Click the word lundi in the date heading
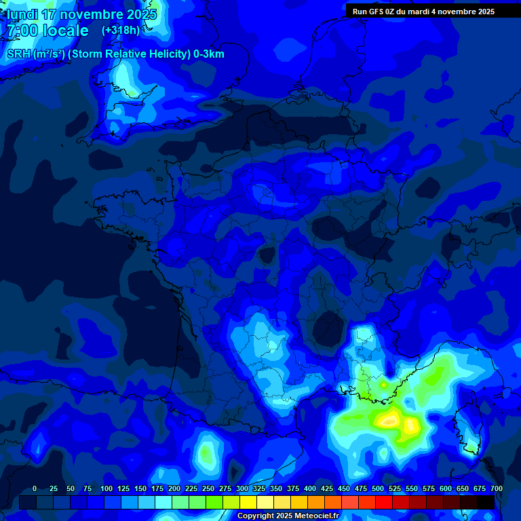(22, 14)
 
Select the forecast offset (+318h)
(120, 31)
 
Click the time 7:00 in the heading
(22, 31)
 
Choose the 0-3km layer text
(209, 54)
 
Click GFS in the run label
(376, 12)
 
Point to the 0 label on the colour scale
(35, 489)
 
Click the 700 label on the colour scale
(496, 489)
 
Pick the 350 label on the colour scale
(275, 489)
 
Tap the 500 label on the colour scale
(377, 489)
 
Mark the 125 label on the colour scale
(123, 489)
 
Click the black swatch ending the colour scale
(486, 502)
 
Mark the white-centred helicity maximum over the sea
(389, 420)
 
